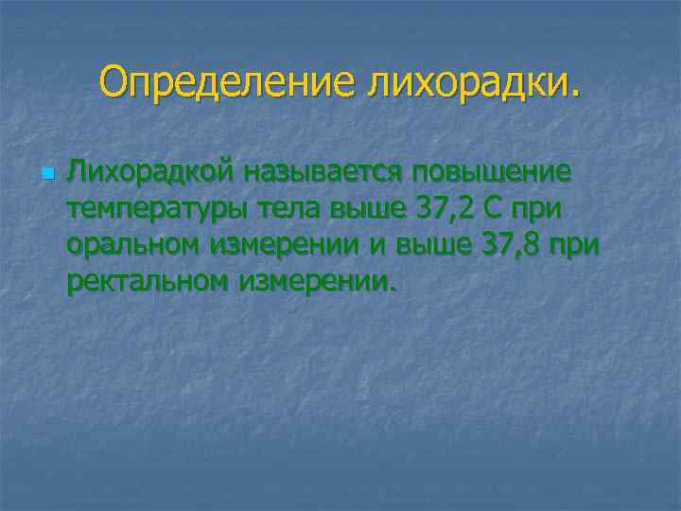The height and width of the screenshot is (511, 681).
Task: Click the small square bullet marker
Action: point(46,175)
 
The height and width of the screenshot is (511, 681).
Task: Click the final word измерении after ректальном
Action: point(317,280)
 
